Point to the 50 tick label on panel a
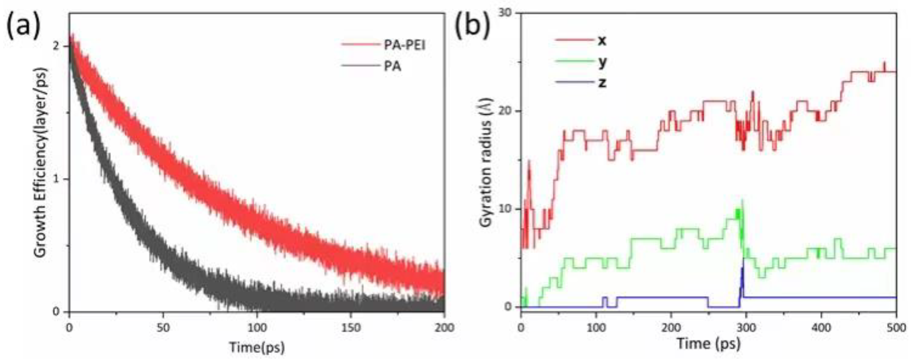click(163, 328)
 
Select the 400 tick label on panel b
click(821, 328)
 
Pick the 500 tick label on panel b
click(896, 328)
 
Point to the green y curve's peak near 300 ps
click(742, 201)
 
